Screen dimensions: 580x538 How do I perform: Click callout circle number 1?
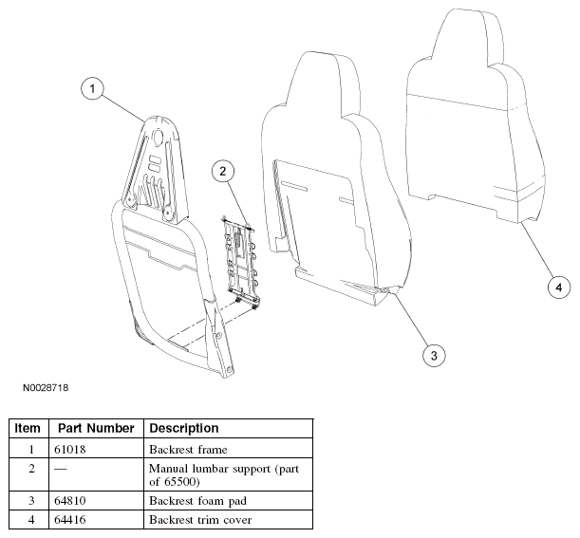click(92, 89)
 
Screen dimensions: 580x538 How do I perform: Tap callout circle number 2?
click(223, 171)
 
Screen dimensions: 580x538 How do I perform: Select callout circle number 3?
click(434, 355)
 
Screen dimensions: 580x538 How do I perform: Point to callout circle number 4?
click(558, 287)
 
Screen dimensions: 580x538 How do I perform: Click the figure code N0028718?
click(46, 387)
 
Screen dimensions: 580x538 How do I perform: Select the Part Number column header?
click(96, 428)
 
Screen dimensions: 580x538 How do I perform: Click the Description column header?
click(184, 428)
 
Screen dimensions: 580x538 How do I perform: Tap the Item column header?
click(28, 428)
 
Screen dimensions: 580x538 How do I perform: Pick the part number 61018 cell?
click(70, 449)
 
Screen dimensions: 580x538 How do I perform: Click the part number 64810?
click(70, 501)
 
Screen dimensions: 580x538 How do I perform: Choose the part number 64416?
click(70, 520)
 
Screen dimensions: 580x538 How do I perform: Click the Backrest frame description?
click(188, 449)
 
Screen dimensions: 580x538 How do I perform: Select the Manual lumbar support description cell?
click(224, 474)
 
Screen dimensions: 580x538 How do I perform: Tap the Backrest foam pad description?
click(197, 501)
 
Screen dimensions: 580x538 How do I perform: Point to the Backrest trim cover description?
click(200, 520)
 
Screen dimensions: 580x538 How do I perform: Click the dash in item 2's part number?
click(61, 469)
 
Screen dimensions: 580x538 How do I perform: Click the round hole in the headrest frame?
click(159, 137)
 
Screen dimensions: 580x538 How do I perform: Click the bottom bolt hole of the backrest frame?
click(230, 369)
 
